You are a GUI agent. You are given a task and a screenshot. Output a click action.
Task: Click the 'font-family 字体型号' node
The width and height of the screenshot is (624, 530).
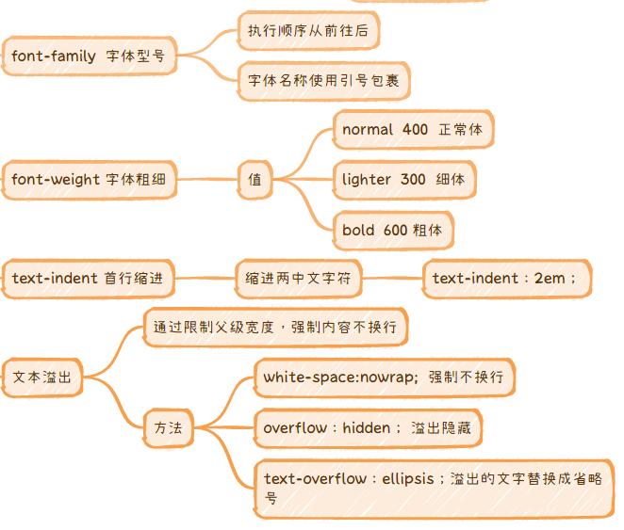89,56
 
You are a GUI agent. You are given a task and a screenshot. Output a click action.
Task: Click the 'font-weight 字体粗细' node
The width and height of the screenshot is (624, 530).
89,179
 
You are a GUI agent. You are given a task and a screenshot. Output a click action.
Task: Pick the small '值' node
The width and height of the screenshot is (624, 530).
255,179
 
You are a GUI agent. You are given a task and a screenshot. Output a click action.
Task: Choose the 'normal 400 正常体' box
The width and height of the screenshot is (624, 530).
412,129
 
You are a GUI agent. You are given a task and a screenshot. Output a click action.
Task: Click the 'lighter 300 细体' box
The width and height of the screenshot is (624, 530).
403,179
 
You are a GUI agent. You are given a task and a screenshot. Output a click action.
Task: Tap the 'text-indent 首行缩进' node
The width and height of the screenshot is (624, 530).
88,279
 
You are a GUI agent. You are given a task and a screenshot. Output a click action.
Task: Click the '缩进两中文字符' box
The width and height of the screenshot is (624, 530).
298,279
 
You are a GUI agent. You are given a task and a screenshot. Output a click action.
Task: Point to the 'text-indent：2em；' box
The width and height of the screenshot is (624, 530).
507,279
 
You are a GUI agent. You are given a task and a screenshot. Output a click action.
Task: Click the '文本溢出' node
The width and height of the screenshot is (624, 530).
42,377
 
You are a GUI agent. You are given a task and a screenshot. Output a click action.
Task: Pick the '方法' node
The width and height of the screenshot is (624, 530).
169,428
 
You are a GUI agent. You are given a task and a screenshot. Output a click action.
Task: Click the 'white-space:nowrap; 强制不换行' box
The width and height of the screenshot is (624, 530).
384,377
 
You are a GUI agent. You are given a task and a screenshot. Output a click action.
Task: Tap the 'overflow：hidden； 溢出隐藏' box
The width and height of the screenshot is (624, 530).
367,428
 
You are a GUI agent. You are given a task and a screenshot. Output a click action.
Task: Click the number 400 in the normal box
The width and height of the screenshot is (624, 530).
415,129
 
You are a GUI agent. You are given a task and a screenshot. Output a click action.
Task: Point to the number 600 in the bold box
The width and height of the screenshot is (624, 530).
395,230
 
